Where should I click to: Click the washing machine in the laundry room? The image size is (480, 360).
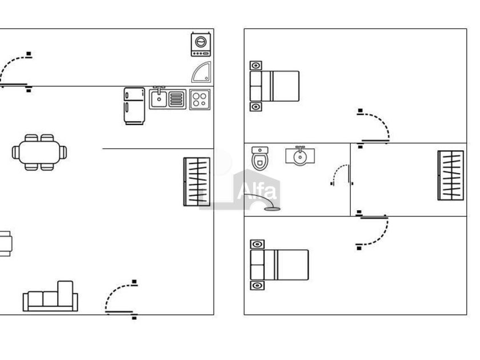[x=201, y=44]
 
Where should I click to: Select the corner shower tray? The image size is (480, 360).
[x=202, y=73]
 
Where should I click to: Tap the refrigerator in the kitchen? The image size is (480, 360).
[x=134, y=106]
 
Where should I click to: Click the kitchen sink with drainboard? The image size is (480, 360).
[x=167, y=98]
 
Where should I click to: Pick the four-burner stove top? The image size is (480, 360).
[x=199, y=99]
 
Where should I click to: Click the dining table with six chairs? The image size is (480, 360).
[x=39, y=153]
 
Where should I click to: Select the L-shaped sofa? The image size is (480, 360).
[x=50, y=297]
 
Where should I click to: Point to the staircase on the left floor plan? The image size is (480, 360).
[x=197, y=182]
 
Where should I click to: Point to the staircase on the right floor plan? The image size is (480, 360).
[x=451, y=175]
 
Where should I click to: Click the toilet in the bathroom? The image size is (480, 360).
[x=260, y=158]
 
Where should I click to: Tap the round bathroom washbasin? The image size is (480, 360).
[x=300, y=156]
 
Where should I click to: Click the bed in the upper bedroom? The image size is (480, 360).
[x=274, y=86]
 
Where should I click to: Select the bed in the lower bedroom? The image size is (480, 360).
[x=279, y=265]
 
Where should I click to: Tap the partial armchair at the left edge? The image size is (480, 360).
[x=6, y=243]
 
